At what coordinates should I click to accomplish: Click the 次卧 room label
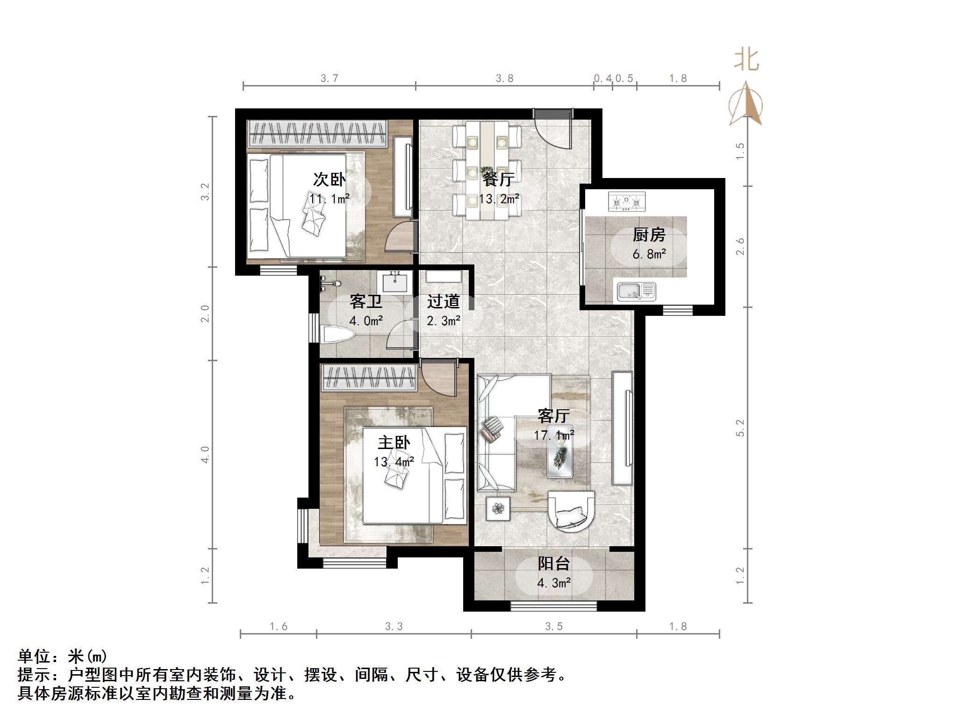pos(329,179)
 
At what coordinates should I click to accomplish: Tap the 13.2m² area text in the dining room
pos(499,200)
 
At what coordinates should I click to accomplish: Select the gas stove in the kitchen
pos(626,201)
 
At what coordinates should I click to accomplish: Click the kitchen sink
pos(636,292)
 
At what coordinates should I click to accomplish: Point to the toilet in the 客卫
pos(338,335)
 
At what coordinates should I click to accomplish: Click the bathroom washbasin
pos(395,282)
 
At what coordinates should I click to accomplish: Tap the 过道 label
pos(443,302)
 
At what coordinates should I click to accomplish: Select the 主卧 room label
pos(394,442)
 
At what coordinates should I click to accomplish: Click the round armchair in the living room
pos(571,511)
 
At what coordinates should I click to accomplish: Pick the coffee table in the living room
pos(560,452)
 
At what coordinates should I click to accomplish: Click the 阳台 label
pos(554,563)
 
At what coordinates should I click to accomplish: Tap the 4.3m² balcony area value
pos(554,583)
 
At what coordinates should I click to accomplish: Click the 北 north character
pos(746,61)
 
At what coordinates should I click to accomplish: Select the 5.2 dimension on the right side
pos(740,428)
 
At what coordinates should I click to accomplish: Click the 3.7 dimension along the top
pos(330,78)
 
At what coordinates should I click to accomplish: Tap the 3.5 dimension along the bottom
pos(554,627)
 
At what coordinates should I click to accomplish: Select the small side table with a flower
pos(498,508)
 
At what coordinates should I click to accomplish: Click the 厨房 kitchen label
pos(649,235)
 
